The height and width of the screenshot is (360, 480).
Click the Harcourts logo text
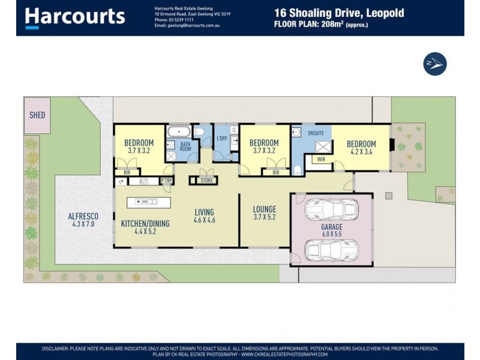75,17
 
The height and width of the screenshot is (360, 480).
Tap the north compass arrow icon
434,64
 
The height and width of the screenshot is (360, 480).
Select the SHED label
37,115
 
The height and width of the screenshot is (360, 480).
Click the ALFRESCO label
83,216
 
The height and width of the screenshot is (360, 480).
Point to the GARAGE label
332,227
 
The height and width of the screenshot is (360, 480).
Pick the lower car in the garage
332,250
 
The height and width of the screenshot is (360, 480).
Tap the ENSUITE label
316,133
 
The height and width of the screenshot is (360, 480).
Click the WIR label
321,159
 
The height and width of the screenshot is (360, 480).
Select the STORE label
206,181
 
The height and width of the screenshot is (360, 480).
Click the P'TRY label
167,181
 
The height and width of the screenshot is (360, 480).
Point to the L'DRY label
222,139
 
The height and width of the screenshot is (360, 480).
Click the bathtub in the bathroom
179,131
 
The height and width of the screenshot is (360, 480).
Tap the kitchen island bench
148,203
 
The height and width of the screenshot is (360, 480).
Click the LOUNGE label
265,209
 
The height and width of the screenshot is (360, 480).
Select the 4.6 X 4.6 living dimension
204,220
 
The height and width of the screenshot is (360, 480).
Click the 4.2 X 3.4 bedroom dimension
361,152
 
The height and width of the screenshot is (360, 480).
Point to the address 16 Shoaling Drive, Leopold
339,13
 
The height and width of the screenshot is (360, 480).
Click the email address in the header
187,26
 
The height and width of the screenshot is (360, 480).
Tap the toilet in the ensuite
297,170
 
